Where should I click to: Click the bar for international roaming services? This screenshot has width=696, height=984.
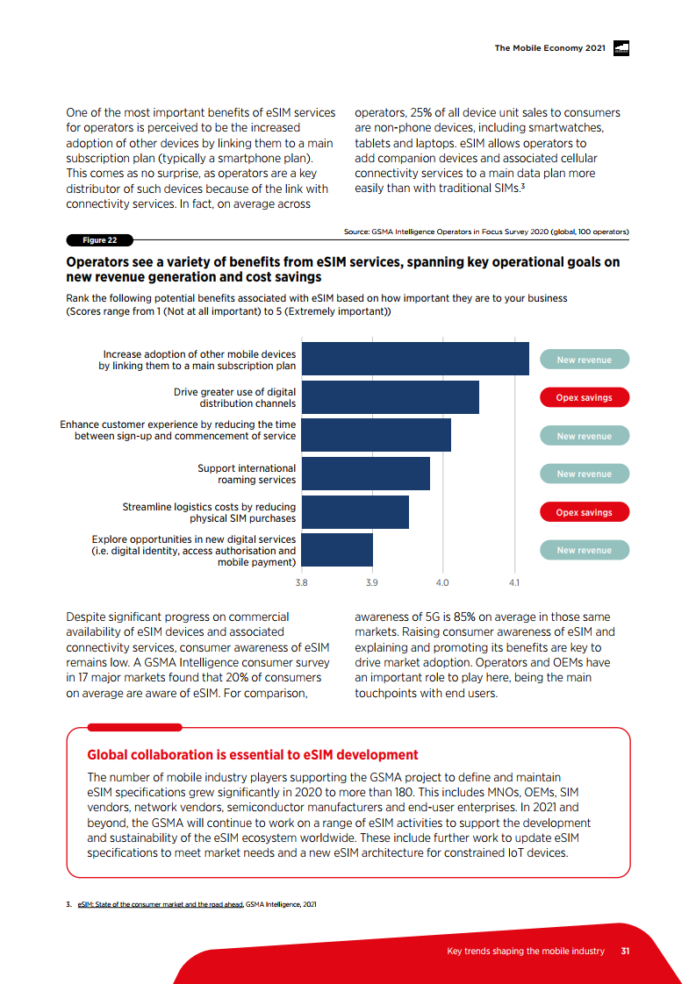click(x=365, y=474)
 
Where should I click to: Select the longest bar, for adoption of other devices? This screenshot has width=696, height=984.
click(x=414, y=360)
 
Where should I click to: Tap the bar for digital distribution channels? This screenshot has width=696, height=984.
click(x=390, y=397)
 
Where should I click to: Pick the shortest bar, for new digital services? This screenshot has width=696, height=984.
click(x=337, y=550)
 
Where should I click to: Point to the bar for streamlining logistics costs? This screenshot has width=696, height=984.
click(x=355, y=512)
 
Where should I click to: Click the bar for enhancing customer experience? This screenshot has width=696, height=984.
click(x=376, y=436)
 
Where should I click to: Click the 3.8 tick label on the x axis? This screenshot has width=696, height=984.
click(x=301, y=581)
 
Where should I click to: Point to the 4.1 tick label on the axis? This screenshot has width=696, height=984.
click(x=514, y=581)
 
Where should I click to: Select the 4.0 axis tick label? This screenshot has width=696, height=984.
click(x=443, y=581)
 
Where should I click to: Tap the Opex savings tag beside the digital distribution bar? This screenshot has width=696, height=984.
click(x=584, y=397)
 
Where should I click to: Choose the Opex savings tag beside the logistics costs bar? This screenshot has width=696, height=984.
click(x=584, y=512)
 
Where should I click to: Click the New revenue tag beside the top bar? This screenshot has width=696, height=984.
click(x=584, y=360)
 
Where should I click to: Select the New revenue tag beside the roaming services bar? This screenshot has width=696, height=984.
click(x=584, y=474)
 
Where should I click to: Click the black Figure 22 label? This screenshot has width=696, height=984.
click(x=100, y=240)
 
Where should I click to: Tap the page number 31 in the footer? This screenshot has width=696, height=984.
click(x=625, y=952)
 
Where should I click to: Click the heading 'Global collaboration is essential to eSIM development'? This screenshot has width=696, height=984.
click(x=253, y=755)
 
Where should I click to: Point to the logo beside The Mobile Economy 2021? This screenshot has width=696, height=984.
click(x=621, y=48)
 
